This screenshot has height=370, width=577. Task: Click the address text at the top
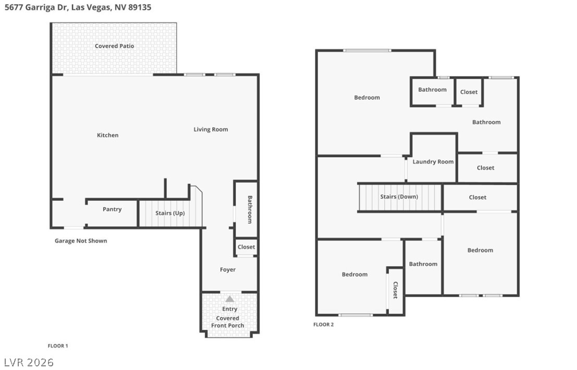(x=78, y=8)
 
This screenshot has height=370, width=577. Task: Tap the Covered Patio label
(x=114, y=46)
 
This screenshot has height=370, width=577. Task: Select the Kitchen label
(x=107, y=135)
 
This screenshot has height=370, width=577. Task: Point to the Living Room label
(x=211, y=129)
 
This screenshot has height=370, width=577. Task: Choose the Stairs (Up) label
(x=170, y=213)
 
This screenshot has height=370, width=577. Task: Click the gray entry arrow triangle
(x=229, y=299)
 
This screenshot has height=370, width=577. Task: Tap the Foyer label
(x=227, y=270)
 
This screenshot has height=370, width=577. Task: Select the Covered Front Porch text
(x=227, y=322)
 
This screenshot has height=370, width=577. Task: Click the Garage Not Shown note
(x=81, y=241)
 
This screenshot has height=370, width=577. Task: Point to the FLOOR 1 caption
(x=58, y=346)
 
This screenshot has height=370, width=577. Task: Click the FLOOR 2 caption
(x=323, y=325)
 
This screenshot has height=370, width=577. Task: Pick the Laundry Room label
(x=433, y=162)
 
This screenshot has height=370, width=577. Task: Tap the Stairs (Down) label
(x=399, y=197)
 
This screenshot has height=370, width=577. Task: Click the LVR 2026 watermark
(x=29, y=362)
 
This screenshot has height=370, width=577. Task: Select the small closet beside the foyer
(x=246, y=247)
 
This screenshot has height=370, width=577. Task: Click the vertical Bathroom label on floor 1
(x=249, y=209)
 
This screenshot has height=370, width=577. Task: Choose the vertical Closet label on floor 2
(x=395, y=290)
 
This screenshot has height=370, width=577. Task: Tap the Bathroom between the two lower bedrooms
(x=423, y=264)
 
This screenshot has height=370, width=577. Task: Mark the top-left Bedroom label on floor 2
(x=367, y=98)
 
